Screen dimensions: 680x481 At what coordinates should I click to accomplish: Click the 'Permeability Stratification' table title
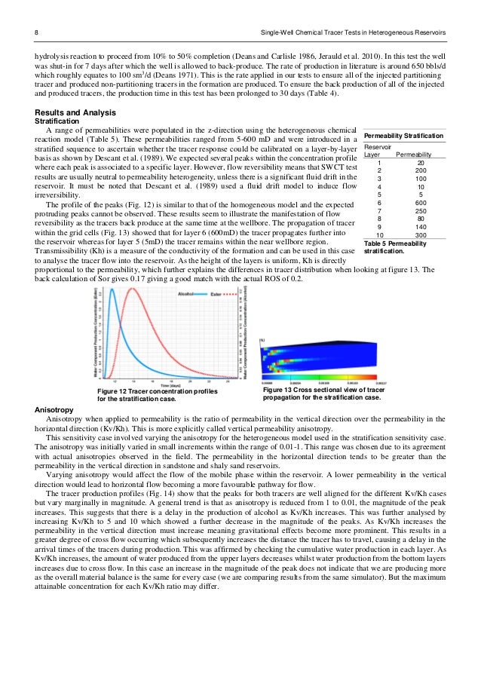pyautogui.click(x=404, y=135)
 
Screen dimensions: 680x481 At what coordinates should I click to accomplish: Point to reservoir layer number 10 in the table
pyautogui.click(x=379, y=235)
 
